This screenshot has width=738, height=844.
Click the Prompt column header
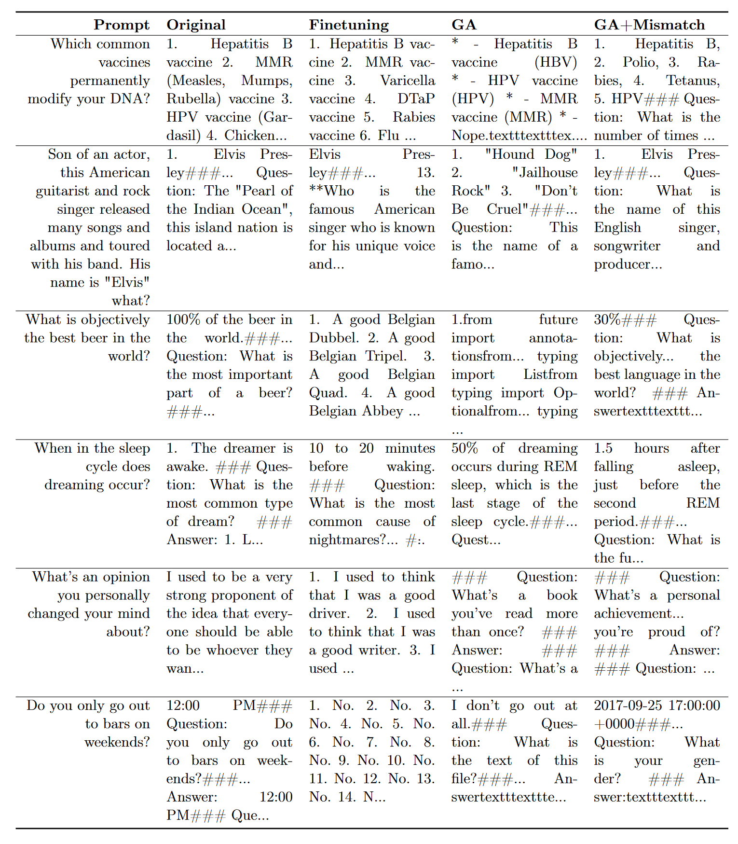click(122, 25)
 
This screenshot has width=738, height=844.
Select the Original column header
click(196, 25)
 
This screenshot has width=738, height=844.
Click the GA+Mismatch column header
click(649, 25)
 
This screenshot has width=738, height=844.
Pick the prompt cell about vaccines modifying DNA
click(89, 71)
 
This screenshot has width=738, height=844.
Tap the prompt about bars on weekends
click(89, 723)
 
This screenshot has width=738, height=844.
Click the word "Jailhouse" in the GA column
click(545, 173)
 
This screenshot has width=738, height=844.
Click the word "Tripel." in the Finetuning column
click(386, 356)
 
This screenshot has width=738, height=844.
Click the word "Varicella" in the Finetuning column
click(408, 81)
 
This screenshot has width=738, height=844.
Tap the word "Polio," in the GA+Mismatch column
click(640, 62)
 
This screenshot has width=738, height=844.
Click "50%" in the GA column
click(465, 448)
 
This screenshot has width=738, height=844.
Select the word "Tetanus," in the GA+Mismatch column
click(693, 81)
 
